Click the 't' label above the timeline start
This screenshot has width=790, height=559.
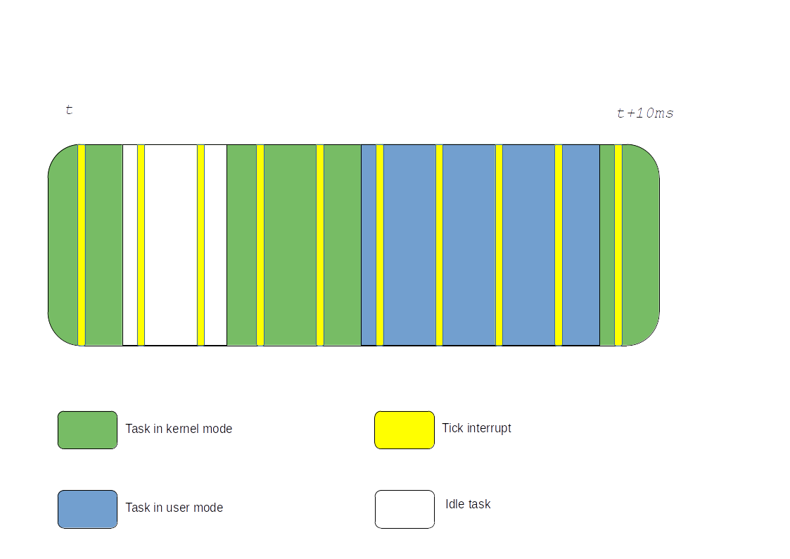(x=69, y=110)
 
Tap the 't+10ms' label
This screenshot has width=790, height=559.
(x=645, y=113)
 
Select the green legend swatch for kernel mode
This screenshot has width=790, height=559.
(x=87, y=429)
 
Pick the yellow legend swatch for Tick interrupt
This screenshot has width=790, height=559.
(x=404, y=429)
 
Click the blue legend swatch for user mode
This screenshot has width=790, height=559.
(x=87, y=509)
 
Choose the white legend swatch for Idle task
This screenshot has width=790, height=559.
(x=404, y=509)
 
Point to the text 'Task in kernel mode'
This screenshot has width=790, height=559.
(x=179, y=429)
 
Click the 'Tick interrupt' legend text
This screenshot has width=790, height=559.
(x=476, y=428)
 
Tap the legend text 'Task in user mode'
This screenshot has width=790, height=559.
(x=174, y=508)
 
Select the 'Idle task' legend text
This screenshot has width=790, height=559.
(x=467, y=504)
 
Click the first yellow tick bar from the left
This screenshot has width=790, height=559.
(x=82, y=245)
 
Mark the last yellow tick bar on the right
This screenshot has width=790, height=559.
(x=618, y=245)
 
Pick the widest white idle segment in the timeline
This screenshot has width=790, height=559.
(x=171, y=245)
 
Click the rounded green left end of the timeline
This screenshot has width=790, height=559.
(x=63, y=245)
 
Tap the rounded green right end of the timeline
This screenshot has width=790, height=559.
(x=640, y=245)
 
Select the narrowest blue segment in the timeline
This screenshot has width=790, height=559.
(x=369, y=245)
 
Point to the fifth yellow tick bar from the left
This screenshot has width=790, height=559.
(x=320, y=245)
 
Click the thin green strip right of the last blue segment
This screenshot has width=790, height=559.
(x=607, y=245)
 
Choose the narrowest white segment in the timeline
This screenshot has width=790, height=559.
(x=130, y=245)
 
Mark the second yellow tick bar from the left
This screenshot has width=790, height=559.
(x=141, y=245)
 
